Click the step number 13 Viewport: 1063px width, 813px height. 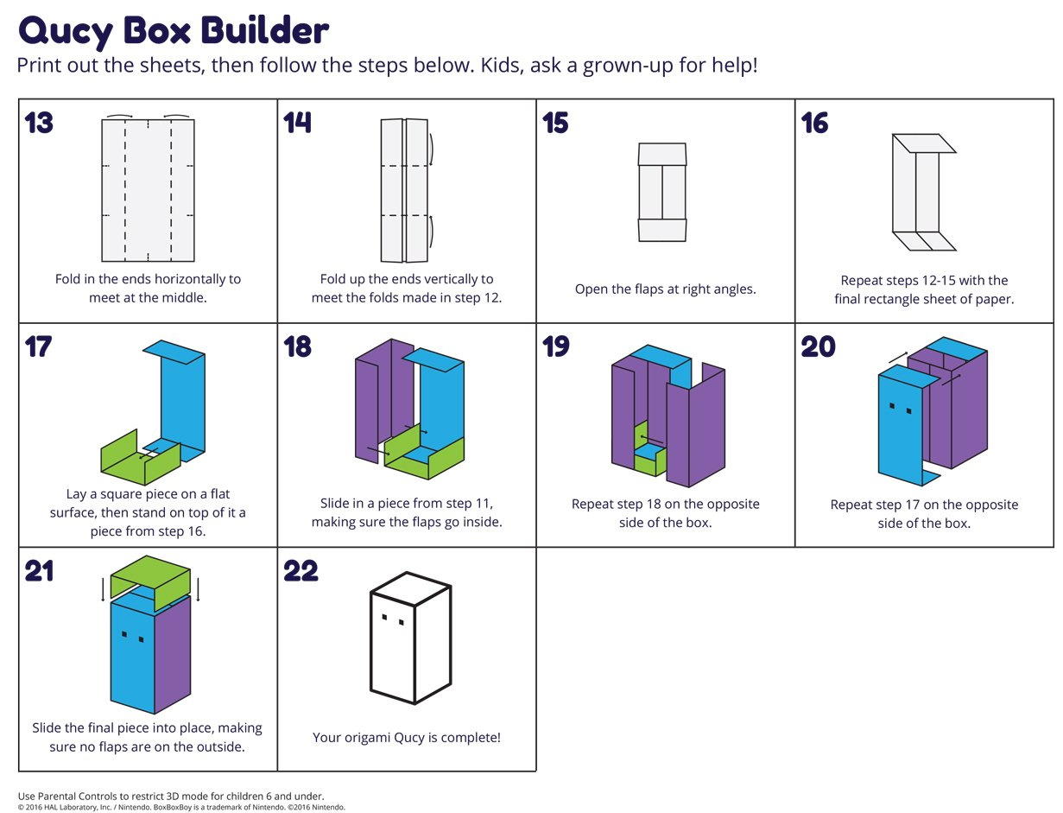39,124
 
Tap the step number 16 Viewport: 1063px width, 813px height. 814,124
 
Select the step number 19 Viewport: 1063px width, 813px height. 556,346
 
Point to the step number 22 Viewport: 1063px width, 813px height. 301,571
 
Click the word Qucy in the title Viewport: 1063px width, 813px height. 65,31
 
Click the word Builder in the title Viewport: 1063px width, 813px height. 264,31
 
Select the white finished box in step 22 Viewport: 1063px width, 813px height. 410,639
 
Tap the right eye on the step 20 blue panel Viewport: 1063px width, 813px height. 908,410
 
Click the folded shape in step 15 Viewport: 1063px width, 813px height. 662,192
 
